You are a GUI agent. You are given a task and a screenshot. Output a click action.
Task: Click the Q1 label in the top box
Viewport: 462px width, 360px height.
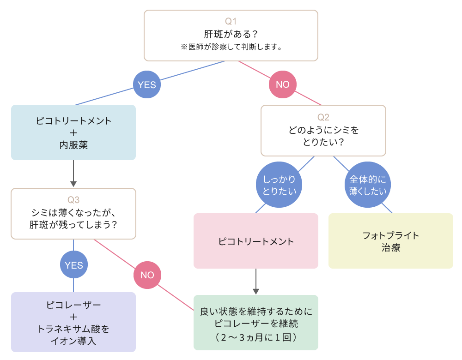tap(231, 21)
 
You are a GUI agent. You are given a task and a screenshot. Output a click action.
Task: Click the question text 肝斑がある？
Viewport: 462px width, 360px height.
tap(231, 34)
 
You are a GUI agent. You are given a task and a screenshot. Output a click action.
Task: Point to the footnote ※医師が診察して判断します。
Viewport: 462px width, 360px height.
tap(231, 47)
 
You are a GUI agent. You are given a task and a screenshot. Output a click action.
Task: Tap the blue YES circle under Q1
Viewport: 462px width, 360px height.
tap(147, 84)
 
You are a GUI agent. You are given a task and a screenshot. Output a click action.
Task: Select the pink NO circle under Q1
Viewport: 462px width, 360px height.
tap(282, 84)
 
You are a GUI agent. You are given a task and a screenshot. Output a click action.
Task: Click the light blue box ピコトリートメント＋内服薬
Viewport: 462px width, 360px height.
tap(73, 132)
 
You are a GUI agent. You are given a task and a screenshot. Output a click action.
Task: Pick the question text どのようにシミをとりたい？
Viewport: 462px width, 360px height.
tap(323, 136)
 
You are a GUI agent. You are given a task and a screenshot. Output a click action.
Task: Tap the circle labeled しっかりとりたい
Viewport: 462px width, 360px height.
tap(279, 185)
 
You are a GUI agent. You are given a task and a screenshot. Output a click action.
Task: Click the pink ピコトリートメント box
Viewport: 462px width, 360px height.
tap(255, 241)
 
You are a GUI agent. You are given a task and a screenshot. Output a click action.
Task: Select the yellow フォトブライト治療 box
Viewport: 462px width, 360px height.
tap(390, 241)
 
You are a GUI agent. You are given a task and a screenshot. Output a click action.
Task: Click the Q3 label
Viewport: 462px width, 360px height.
tap(73, 200)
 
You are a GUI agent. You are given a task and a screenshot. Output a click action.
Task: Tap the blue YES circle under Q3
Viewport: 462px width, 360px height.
tap(74, 265)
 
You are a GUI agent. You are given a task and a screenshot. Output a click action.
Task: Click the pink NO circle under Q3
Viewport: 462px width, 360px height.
tap(147, 275)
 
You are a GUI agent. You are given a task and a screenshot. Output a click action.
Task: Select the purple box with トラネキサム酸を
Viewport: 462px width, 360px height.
tap(73, 322)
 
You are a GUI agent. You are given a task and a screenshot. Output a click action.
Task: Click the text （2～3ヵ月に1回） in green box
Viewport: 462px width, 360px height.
tap(255, 337)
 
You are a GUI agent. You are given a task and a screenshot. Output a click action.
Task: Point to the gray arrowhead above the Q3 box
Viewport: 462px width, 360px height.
tap(73, 183)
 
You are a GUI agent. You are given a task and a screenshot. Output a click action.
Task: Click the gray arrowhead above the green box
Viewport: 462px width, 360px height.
tap(255, 291)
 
